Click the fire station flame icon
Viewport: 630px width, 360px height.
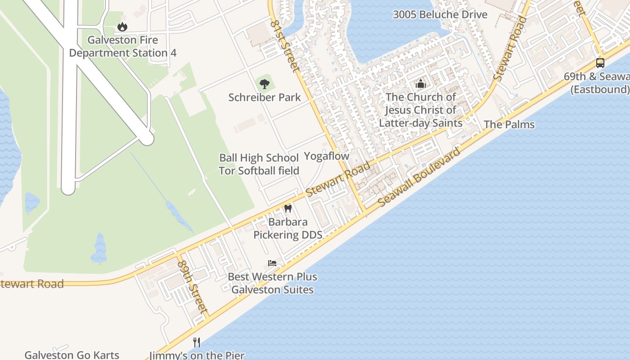122,27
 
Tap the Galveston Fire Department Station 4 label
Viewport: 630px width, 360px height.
122,46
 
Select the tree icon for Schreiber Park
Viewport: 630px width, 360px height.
264,84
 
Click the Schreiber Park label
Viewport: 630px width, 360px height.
265,97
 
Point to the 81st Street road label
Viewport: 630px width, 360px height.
284,46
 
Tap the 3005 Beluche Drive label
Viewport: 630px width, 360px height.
440,14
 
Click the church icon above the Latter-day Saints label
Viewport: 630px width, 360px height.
421,84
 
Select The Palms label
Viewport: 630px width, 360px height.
509,125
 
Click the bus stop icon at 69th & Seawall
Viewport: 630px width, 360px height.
600,63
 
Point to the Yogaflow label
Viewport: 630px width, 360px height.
327,156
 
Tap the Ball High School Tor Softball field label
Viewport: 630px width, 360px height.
259,164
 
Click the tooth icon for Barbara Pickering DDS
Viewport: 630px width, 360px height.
288,209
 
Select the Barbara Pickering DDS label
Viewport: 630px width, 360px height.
288,228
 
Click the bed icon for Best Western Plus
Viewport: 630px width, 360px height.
272,263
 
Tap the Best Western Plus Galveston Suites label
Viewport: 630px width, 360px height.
272,283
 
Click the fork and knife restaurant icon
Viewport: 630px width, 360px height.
197,342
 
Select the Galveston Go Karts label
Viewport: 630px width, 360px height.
72,355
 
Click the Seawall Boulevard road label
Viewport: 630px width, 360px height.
419,176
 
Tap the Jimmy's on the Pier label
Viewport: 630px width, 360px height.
197,355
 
